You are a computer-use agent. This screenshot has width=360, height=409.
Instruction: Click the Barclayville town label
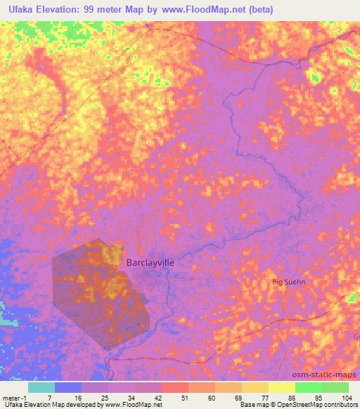(150, 262)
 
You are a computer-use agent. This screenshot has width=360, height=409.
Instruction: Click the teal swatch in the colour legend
(41, 387)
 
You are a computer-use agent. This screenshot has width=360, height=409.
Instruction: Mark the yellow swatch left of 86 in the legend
(255, 387)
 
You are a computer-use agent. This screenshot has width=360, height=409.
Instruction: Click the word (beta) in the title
(257, 10)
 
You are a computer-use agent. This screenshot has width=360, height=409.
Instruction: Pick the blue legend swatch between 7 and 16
(67, 387)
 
